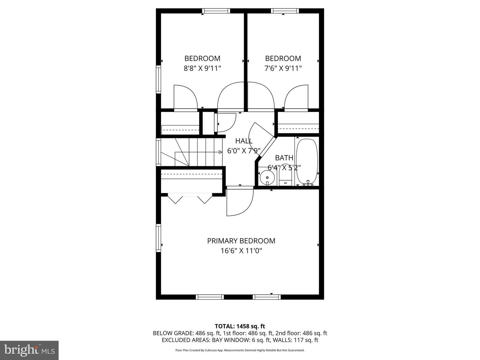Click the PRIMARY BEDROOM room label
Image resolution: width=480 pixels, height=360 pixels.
[x=241, y=241]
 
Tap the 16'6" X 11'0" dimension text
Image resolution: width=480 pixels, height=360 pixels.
[x=241, y=251]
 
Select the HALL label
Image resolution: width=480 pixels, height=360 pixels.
[x=244, y=141]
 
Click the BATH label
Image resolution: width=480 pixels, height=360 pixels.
[x=284, y=158]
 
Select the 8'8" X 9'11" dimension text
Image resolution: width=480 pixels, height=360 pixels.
[x=202, y=68]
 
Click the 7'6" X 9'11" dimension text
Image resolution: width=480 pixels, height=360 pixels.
[x=283, y=68]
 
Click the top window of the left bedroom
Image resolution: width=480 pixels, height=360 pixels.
[x=216, y=11]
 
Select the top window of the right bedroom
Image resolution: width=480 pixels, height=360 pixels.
[x=285, y=11]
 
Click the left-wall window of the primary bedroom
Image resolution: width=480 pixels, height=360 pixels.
[x=159, y=237]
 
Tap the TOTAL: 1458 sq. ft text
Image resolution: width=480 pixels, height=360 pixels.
[x=240, y=326]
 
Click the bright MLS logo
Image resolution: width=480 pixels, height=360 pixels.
[x=29, y=350]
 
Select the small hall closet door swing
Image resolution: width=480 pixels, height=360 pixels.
[x=225, y=122]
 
